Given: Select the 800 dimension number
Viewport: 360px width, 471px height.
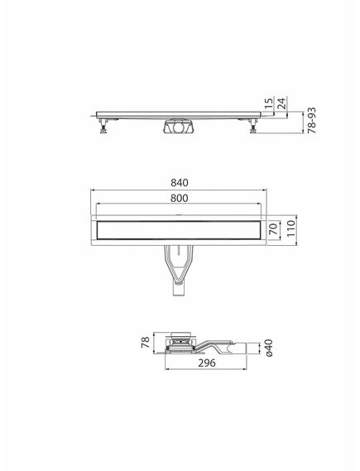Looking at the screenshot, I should tap(180, 199).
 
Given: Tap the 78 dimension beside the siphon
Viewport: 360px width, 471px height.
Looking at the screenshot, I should tap(145, 343).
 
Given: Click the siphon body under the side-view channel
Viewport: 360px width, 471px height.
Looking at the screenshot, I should tap(180, 128).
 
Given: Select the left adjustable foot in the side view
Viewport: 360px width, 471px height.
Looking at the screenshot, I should tap(105, 127).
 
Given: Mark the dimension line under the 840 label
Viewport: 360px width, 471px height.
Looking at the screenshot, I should tap(180, 191).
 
